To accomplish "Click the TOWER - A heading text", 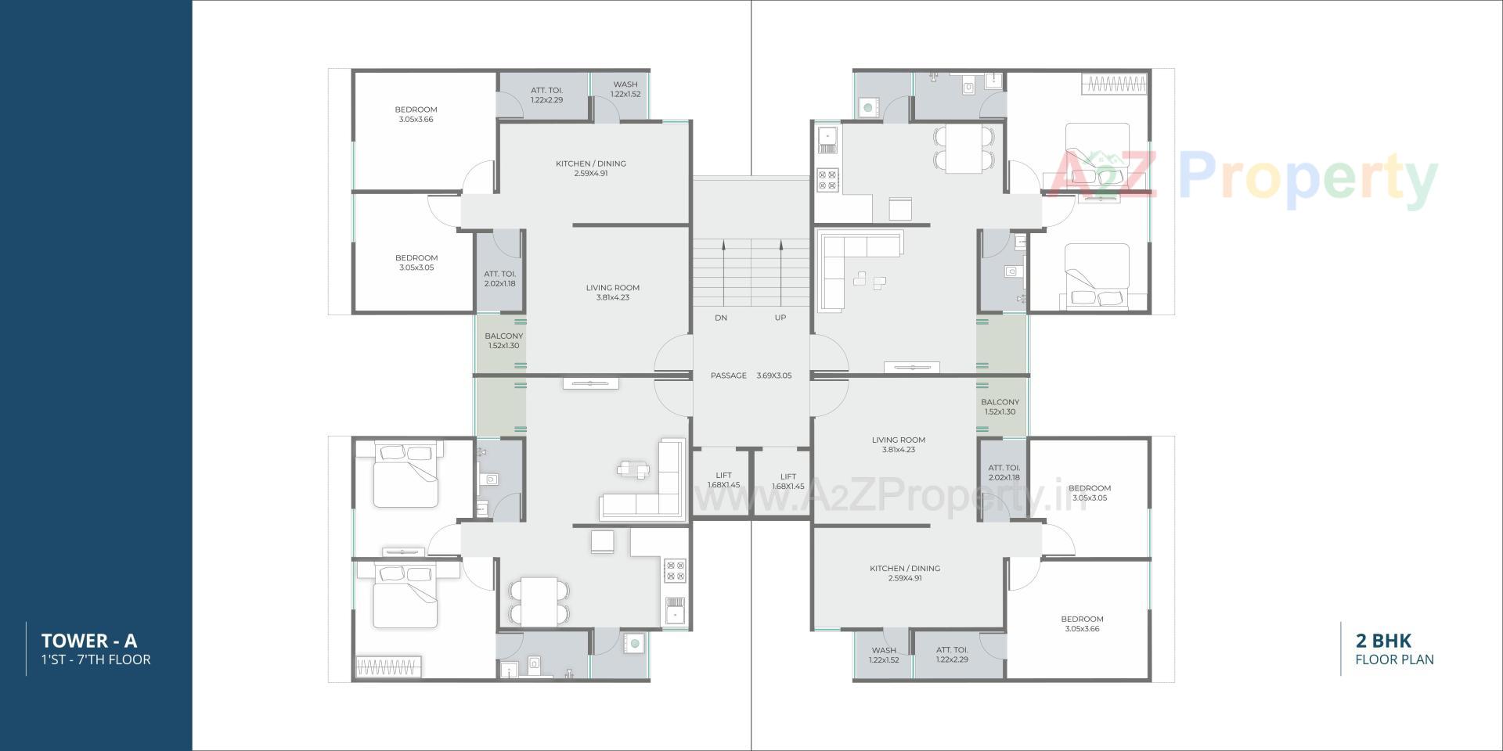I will [x=89, y=641].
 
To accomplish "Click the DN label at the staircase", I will [x=721, y=318].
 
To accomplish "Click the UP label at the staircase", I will [x=780, y=318].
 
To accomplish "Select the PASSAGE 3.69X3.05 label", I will [x=751, y=375].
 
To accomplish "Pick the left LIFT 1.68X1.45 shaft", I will [x=723, y=480].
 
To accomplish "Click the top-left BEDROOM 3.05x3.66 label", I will [x=416, y=114].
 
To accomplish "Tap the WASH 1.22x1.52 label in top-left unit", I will [x=625, y=89].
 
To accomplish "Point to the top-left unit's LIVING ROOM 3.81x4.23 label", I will [x=612, y=293].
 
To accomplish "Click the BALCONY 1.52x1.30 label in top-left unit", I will [x=503, y=340].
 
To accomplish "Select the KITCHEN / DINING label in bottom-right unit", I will [x=905, y=573].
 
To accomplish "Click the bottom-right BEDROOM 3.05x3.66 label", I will [x=1082, y=623].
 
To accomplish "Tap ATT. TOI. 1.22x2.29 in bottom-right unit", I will [x=952, y=655].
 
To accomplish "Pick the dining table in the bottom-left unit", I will [x=540, y=601].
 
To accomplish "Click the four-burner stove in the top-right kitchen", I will [x=828, y=180].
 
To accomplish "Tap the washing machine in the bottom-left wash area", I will [x=635, y=644].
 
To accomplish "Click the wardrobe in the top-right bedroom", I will [x=1116, y=83].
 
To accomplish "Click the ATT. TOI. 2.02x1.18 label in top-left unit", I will [x=499, y=278].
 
